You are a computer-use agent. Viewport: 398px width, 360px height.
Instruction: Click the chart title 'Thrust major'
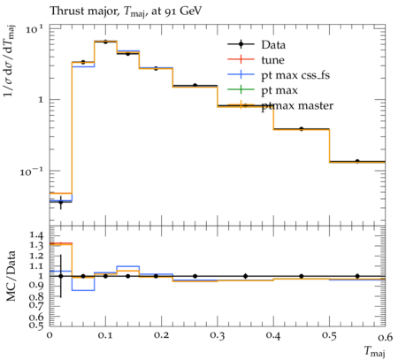pyautogui.click(x=84, y=11)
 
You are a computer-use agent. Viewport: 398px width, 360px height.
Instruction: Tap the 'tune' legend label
pyautogui.click(x=272, y=60)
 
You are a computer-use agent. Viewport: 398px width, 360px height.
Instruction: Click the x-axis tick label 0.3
pyautogui.click(x=218, y=335)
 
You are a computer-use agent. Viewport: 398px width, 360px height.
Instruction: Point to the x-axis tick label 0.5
pyautogui.click(x=329, y=335)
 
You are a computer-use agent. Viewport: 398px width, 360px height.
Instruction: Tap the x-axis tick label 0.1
pyautogui.click(x=105, y=335)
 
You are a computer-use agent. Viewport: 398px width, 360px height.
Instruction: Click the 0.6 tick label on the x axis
pyautogui.click(x=386, y=335)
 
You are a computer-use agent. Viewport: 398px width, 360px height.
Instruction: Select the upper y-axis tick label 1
pyautogui.click(x=41, y=99)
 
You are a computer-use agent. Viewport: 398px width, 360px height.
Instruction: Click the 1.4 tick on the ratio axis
pyautogui.click(x=36, y=235)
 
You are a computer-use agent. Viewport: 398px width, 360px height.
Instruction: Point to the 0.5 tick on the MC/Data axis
pyautogui.click(x=36, y=325)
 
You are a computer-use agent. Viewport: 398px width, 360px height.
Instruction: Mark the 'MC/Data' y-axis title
pyautogui.click(x=11, y=276)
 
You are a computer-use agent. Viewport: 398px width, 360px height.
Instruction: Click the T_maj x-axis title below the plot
pyautogui.click(x=374, y=351)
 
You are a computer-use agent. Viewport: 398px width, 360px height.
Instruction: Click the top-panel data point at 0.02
pyautogui.click(x=61, y=203)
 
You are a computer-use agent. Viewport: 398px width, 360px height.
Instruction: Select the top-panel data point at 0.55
pyautogui.click(x=357, y=161)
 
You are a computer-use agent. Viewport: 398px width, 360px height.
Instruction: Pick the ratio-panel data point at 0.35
pyautogui.click(x=246, y=276)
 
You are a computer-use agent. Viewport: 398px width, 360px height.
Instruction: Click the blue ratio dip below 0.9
pyautogui.click(x=83, y=290)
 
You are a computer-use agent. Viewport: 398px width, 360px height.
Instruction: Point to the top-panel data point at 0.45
pyautogui.click(x=302, y=129)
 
